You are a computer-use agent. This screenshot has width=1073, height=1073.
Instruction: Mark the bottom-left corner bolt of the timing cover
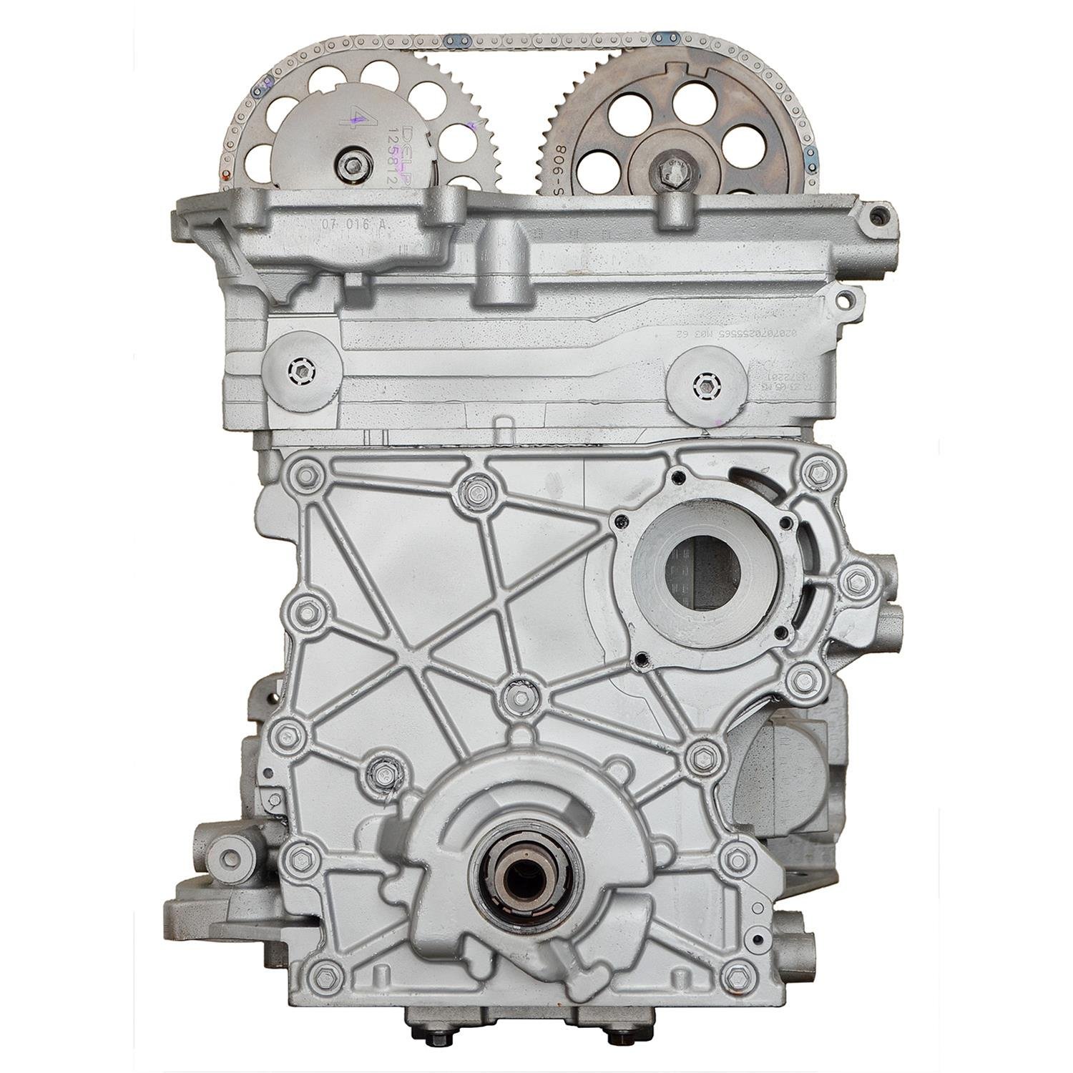point(325,974)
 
